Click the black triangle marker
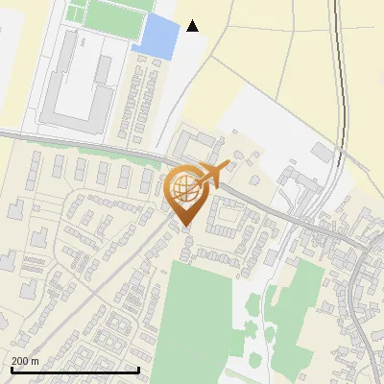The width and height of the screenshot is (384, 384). [x=193, y=26]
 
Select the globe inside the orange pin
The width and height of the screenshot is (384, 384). [x=184, y=183]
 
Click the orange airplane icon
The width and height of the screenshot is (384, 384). [x=213, y=173]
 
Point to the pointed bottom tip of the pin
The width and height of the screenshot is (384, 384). [x=184, y=226]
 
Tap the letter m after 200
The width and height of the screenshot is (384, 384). [x=36, y=361]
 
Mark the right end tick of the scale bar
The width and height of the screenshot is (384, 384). [x=139, y=369]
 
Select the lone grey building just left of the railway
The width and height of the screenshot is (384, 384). [x=322, y=154]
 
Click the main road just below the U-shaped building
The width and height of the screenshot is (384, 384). [x=77, y=142]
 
